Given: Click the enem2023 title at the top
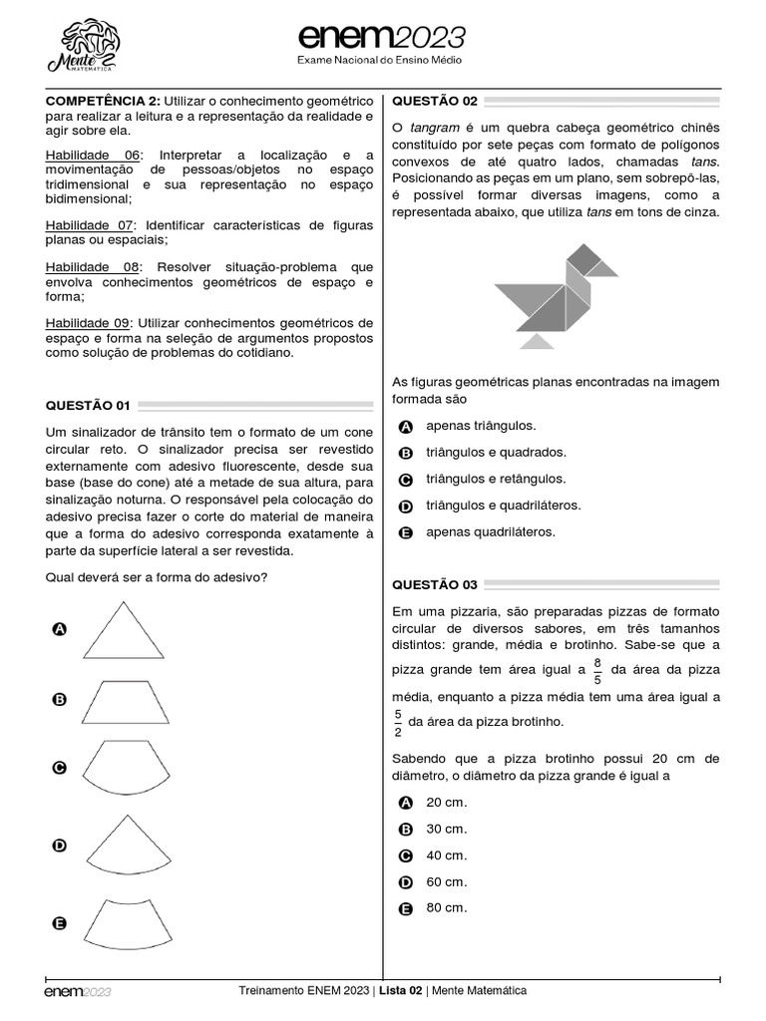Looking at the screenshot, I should point(382,38).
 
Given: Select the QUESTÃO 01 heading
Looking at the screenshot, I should point(88,405).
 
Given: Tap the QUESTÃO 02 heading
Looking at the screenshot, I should point(435,101).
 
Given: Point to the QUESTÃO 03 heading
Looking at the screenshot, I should point(435,584).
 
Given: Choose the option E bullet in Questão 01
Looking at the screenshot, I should point(59,923).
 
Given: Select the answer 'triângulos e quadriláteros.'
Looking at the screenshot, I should point(503,506).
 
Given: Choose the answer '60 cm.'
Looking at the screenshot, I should point(446,881).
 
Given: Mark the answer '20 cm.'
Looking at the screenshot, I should point(446,803).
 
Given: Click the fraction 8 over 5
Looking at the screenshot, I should point(597,670).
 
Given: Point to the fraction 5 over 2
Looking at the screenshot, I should point(397,722).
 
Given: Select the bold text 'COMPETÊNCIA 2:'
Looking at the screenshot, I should point(103,102).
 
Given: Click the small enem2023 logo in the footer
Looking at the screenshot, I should point(77,992).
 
